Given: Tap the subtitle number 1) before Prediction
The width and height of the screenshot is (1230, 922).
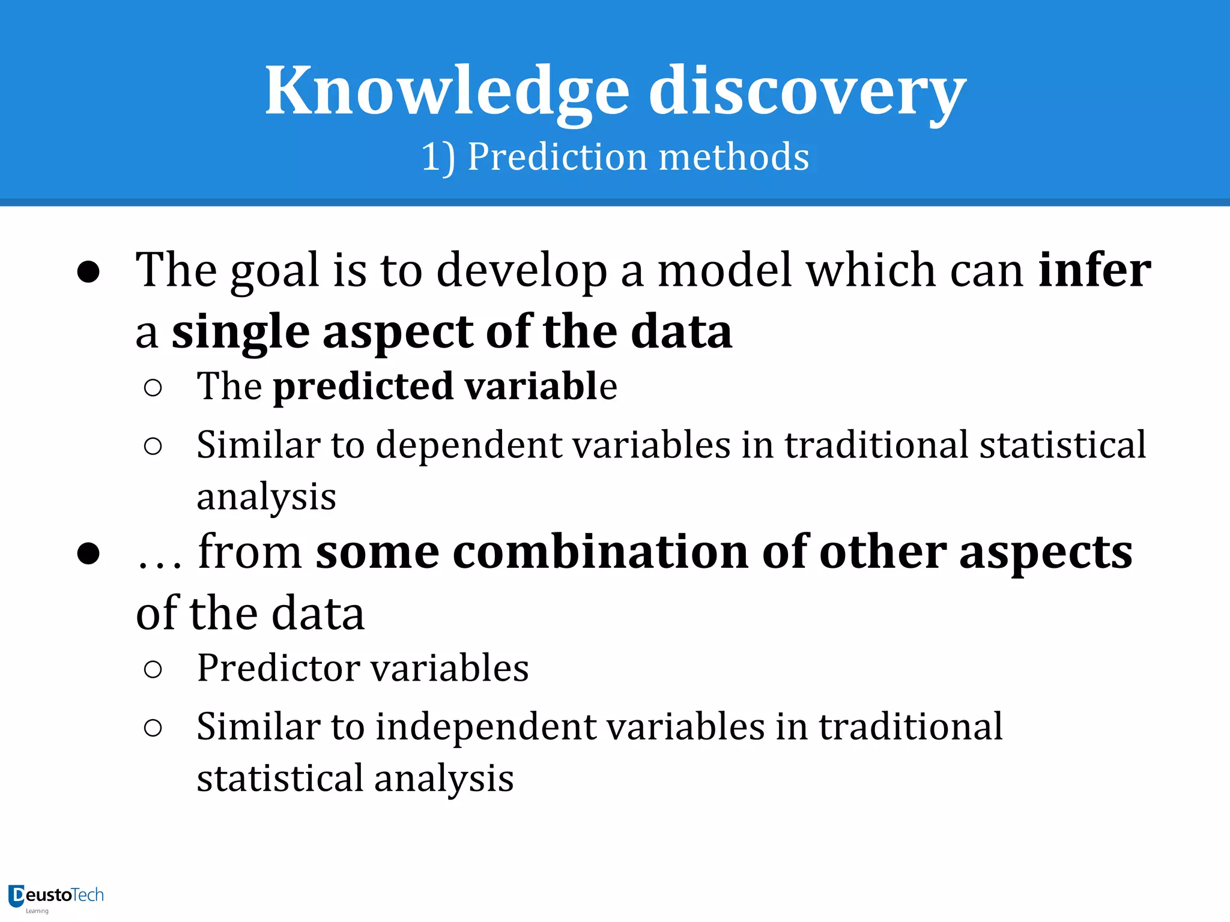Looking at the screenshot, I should click(437, 157).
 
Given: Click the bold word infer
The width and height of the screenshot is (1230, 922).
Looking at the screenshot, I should click(1094, 270).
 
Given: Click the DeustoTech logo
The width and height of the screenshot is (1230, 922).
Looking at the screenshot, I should click(56, 897).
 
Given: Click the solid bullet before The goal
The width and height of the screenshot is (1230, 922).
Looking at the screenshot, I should click(88, 272).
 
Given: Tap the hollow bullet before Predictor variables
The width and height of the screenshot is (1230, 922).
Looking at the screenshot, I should click(153, 669).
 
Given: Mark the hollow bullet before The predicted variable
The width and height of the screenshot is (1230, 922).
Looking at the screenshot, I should click(153, 388).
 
